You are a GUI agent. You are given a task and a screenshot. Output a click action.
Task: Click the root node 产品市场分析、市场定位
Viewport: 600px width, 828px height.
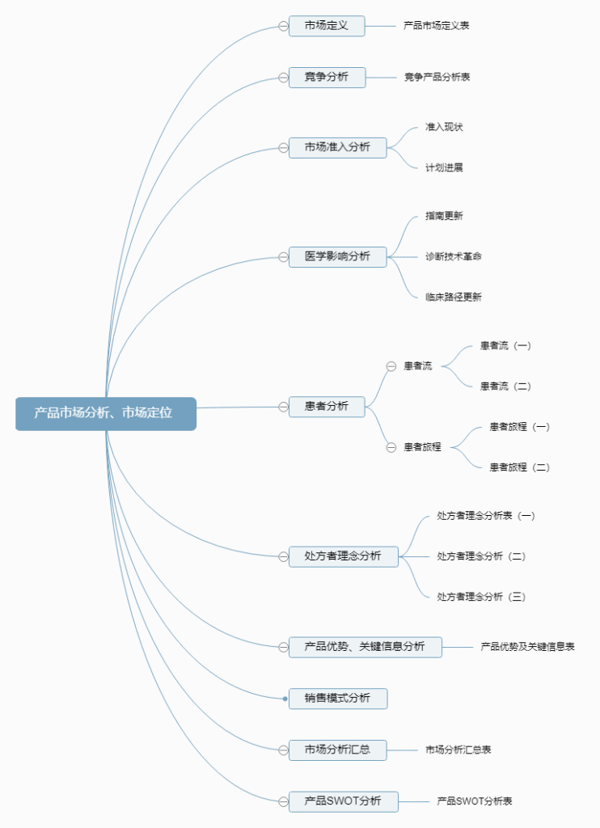pos(105,413)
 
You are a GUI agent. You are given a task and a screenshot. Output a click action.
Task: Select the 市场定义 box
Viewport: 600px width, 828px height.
pos(327,26)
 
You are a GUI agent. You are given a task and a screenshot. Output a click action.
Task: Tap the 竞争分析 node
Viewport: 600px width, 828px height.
pos(327,78)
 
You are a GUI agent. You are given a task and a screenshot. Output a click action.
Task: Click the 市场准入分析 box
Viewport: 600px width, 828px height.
pos(337,147)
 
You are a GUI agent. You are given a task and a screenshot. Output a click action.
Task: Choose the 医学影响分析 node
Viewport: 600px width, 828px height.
pos(337,257)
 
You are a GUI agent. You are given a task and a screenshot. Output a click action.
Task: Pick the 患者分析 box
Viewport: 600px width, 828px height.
pos(327,407)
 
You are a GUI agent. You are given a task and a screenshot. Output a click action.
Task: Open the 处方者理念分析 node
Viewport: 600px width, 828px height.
pos(343,556)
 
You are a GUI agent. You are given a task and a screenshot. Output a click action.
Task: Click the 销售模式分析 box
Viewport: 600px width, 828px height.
pos(337,699)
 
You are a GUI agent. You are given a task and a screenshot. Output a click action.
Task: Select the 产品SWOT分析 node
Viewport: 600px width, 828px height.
pos(343,801)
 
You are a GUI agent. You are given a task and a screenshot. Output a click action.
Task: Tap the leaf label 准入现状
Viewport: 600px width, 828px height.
pos(444,127)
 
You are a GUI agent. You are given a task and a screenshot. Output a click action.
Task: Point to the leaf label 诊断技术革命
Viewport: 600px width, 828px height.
pos(454,256)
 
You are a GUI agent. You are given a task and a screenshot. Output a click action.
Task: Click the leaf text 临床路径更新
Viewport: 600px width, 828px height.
pos(454,297)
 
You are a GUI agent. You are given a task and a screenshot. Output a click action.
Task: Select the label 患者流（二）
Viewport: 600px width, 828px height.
pos(505,387)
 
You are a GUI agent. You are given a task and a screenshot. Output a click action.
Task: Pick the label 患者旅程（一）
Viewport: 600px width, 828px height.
pos(519,427)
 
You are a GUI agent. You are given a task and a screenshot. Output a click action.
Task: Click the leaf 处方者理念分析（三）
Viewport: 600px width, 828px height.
pos(481,597)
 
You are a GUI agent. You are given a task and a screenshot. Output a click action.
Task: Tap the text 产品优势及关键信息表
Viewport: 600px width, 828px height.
pos(527,647)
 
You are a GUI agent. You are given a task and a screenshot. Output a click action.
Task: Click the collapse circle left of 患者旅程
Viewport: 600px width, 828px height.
pos(391,447)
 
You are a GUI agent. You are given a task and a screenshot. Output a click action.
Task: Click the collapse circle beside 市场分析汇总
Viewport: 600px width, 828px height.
pos(283,750)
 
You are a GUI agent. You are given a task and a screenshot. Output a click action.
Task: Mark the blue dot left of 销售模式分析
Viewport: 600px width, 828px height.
pos(285,699)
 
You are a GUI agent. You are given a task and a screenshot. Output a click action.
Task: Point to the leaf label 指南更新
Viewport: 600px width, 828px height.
pos(444,216)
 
